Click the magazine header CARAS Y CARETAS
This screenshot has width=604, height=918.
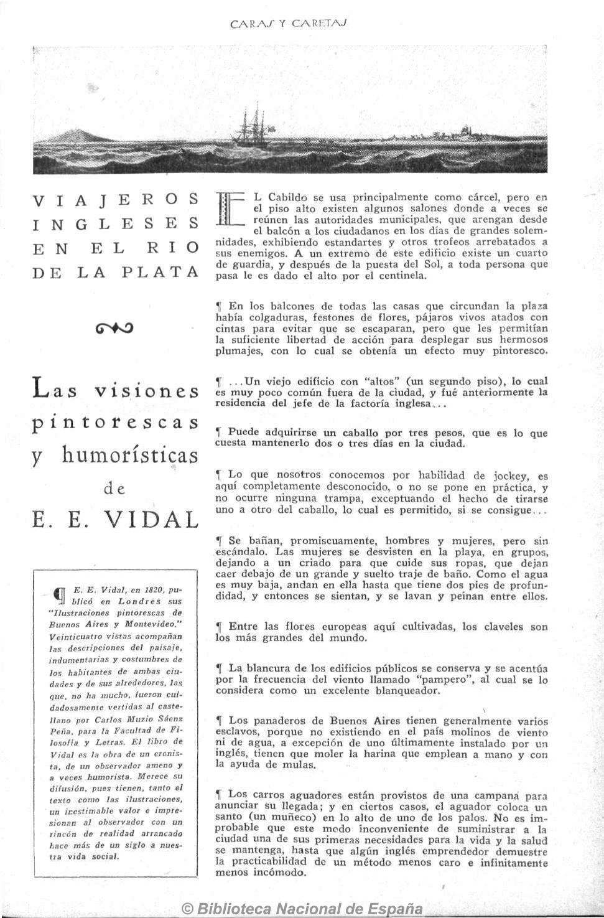(287, 25)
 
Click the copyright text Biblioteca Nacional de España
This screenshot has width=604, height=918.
(302, 909)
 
